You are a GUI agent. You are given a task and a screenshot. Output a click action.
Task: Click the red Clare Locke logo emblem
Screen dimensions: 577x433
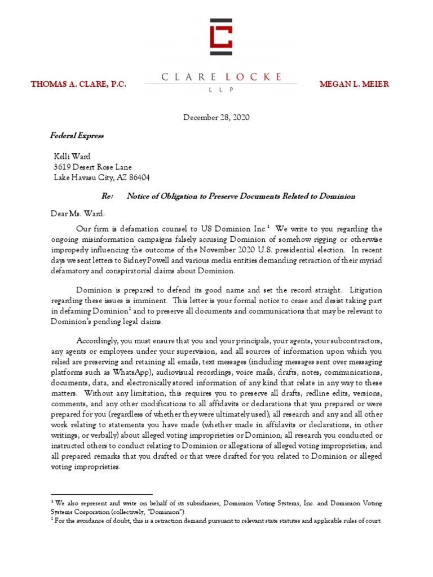tap(220, 37)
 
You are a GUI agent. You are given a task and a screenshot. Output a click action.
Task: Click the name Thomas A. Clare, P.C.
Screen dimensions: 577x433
tap(78, 84)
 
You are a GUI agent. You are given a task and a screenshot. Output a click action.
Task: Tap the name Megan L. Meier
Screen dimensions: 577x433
tap(354, 84)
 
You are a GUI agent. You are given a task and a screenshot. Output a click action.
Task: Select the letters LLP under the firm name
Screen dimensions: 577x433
tap(220, 89)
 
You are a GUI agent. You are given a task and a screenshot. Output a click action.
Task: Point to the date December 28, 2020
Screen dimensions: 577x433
tap(216, 118)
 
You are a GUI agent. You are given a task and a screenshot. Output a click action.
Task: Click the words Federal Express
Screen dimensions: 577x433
tap(77, 136)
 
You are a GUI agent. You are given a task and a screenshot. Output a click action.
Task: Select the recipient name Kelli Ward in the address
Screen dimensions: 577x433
tap(72, 156)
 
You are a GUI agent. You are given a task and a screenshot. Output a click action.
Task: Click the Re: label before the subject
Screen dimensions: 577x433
tap(107, 196)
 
